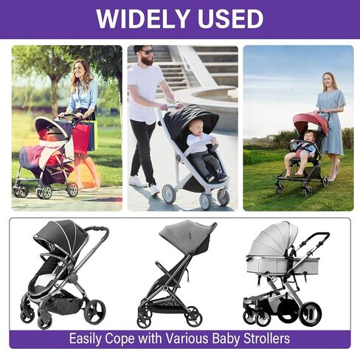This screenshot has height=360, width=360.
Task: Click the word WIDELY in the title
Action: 142,19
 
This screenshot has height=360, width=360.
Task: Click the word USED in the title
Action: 231,19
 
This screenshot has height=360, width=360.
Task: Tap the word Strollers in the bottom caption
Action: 267,339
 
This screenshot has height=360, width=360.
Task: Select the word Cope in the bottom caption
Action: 120,339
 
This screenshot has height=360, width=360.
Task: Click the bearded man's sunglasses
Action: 148,52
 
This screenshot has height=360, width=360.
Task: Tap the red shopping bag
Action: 80,139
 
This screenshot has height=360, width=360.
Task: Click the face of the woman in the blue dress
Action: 328,80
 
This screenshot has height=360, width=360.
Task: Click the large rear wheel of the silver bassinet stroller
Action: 311,314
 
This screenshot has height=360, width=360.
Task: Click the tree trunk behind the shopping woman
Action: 54,93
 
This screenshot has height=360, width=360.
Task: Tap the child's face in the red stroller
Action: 309,136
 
